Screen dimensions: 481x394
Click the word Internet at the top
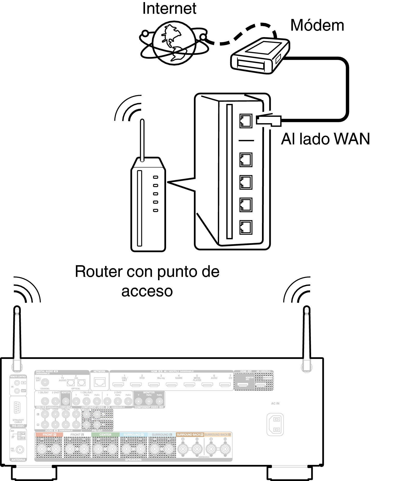pyautogui.click(x=169, y=9)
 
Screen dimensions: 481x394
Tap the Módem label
pyautogui.click(x=317, y=25)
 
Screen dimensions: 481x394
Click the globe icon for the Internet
pyautogui.click(x=174, y=43)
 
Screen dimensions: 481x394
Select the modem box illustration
pyautogui.click(x=260, y=56)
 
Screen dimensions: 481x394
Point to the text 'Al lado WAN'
pyautogui.click(x=325, y=139)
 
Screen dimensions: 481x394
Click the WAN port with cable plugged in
pyautogui.click(x=246, y=121)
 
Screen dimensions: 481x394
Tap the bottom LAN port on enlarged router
pyautogui.click(x=246, y=227)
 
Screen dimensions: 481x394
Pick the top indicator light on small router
pyautogui.click(x=155, y=177)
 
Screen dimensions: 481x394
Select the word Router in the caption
pyautogui.click(x=99, y=272)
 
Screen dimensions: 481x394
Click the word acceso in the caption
pyautogui.click(x=147, y=291)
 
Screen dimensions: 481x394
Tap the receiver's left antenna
pyautogui.click(x=17, y=338)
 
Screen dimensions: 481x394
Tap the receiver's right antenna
pyautogui.click(x=307, y=338)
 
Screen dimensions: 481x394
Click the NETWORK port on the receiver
pyautogui.click(x=100, y=382)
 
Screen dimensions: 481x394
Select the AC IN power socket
pyautogui.click(x=275, y=424)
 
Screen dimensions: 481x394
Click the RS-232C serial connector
pyautogui.click(x=17, y=408)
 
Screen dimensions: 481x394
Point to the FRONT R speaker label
pyautogui.click(x=49, y=435)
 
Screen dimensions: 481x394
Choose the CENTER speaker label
pyautogui.click(x=105, y=435)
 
